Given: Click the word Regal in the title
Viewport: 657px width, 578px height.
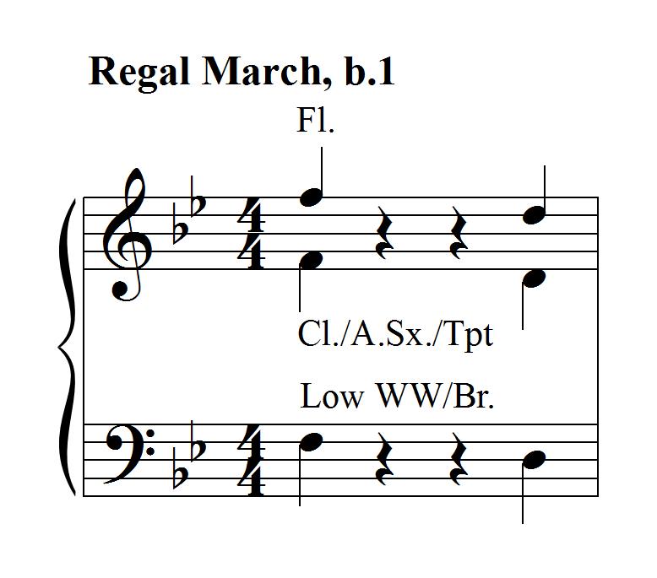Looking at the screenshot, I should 139,74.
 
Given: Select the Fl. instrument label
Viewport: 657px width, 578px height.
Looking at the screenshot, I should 316,122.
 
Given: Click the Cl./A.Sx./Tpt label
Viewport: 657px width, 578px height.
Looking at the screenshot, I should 395,334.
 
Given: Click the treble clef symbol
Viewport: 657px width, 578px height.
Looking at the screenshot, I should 128,235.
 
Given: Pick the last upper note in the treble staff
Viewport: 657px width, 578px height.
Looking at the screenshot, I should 535,216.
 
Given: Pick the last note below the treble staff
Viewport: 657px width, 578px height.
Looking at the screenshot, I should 535,278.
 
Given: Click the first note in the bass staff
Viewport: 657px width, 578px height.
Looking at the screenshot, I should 312,440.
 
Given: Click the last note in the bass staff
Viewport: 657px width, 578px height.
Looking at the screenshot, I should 535,459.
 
